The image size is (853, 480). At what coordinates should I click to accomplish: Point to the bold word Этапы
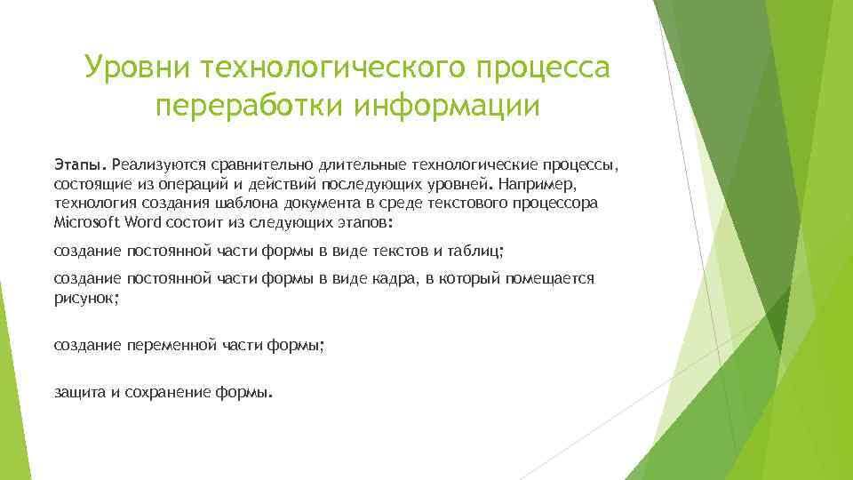79,164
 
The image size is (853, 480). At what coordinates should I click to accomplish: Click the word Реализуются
157,164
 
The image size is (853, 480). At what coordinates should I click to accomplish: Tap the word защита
80,391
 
